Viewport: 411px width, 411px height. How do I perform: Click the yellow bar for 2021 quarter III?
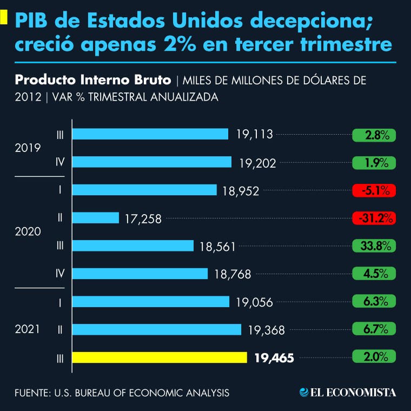(x=160, y=357)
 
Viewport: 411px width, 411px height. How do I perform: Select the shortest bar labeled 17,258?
(x=95, y=218)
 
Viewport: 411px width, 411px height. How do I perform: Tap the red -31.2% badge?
(x=374, y=218)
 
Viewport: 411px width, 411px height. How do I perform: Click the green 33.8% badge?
(x=374, y=246)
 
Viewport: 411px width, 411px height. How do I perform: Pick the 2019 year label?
(x=29, y=148)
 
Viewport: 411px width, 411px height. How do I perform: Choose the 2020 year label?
(x=29, y=231)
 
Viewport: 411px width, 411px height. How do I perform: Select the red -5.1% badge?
(x=374, y=190)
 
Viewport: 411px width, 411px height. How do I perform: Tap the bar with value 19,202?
(x=151, y=162)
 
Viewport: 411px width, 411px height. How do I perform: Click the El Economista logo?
(x=348, y=392)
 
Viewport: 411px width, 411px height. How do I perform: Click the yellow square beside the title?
(x=3, y=18)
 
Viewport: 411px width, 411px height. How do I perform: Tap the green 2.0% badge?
(x=374, y=357)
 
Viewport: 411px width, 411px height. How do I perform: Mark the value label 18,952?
(x=241, y=191)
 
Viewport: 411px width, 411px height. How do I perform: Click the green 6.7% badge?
(x=374, y=329)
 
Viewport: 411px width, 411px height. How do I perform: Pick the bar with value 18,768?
(x=140, y=274)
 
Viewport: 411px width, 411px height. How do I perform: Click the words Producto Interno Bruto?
(x=93, y=81)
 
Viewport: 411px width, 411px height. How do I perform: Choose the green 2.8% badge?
(x=374, y=135)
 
